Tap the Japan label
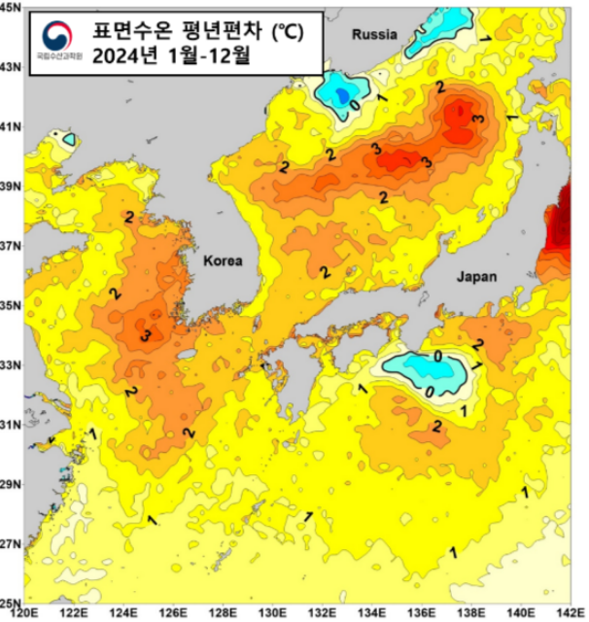point(476,276)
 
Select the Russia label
point(375,34)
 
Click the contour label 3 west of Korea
point(144,336)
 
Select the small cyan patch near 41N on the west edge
point(69,139)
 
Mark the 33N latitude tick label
point(10,365)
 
